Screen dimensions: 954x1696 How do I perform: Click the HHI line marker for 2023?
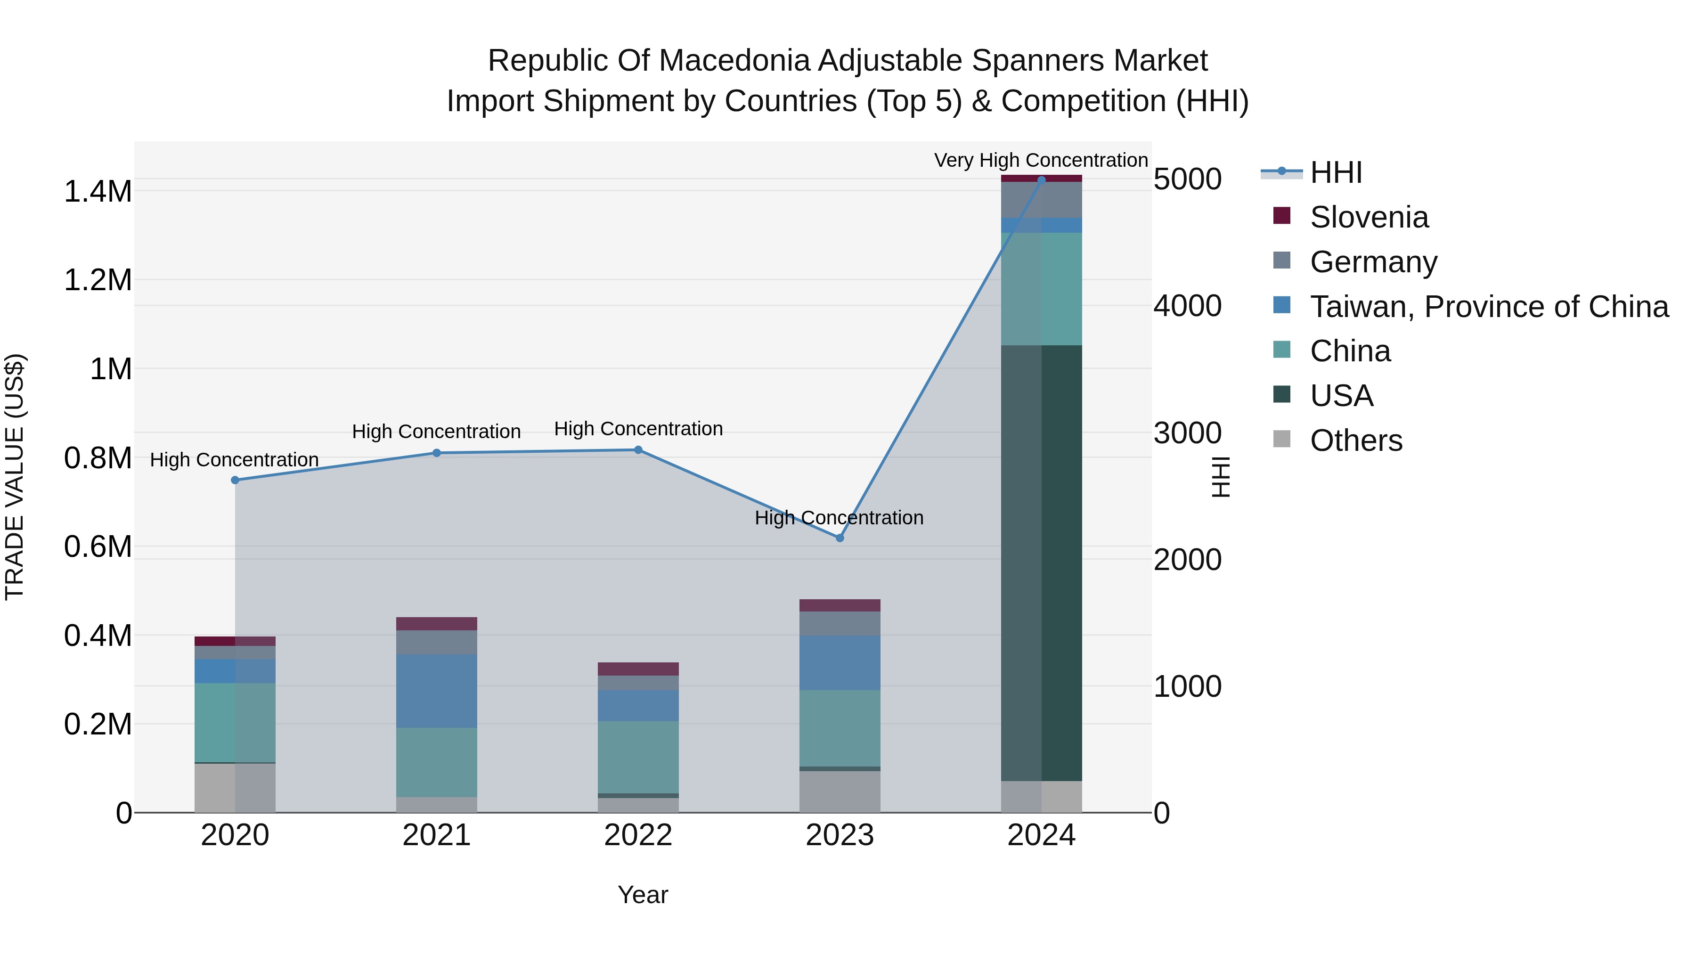(x=840, y=538)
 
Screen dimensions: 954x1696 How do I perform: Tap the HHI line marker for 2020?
(x=235, y=480)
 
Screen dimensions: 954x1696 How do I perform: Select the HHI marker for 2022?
(x=638, y=450)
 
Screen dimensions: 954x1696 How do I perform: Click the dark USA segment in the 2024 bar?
(x=1042, y=563)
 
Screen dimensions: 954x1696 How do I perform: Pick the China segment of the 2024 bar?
(x=1042, y=288)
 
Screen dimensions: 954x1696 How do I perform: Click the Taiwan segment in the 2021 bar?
(x=437, y=691)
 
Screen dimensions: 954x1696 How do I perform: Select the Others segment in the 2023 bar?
(x=840, y=791)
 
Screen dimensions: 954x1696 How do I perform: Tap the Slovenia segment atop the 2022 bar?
(x=638, y=669)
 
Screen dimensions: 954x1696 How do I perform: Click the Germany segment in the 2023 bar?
(x=840, y=623)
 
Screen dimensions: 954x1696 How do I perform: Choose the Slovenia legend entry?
(x=1368, y=217)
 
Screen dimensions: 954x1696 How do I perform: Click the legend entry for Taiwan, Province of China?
(x=1488, y=307)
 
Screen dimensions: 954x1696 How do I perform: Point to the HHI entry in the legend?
(x=1335, y=172)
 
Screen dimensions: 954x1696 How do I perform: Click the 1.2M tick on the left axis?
(x=98, y=280)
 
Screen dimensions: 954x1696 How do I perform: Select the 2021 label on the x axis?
(x=437, y=835)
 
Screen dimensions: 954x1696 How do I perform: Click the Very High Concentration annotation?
(x=1040, y=160)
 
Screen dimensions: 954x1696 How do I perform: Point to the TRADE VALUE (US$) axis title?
(x=15, y=477)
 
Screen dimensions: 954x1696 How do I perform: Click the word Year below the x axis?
(x=643, y=895)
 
